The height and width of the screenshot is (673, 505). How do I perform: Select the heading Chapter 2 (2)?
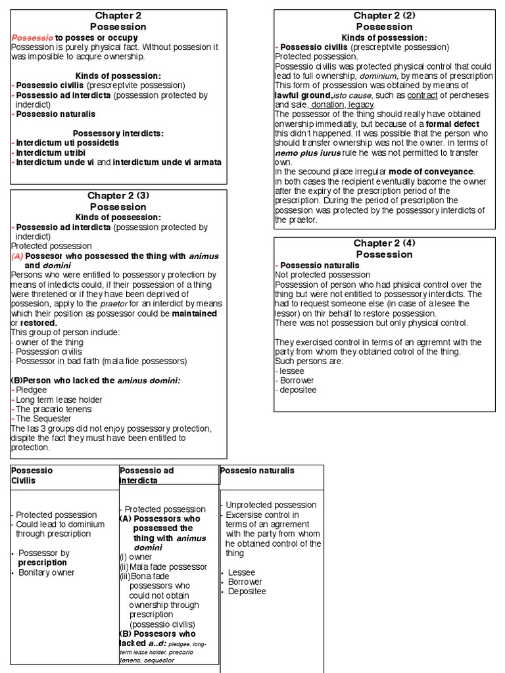coord(384,16)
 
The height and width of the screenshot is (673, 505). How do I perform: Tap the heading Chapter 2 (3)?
coord(118,196)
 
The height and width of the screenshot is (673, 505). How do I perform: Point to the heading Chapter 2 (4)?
coord(384,243)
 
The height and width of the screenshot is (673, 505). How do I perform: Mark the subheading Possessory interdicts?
coord(118,133)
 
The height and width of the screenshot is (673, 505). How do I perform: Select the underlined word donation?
coord(327,104)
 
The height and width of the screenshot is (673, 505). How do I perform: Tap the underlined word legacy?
coord(361,104)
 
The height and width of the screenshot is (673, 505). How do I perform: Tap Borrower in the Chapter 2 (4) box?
coord(297,381)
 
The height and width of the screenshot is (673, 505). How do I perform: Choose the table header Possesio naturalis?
coord(257,471)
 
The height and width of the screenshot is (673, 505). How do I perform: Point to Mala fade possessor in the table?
coord(168,567)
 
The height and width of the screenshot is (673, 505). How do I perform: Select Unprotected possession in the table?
coord(271,505)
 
